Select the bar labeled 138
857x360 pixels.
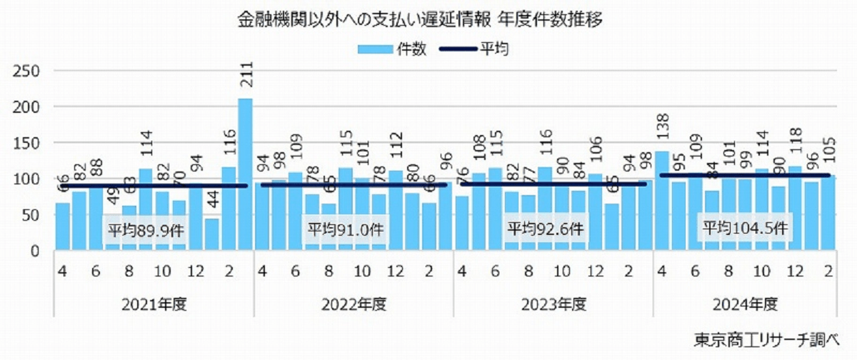click(661, 200)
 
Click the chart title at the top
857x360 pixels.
click(421, 20)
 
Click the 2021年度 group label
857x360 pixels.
click(154, 304)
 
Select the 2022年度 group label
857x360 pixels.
click(354, 304)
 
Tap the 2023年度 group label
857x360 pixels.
click(553, 304)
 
